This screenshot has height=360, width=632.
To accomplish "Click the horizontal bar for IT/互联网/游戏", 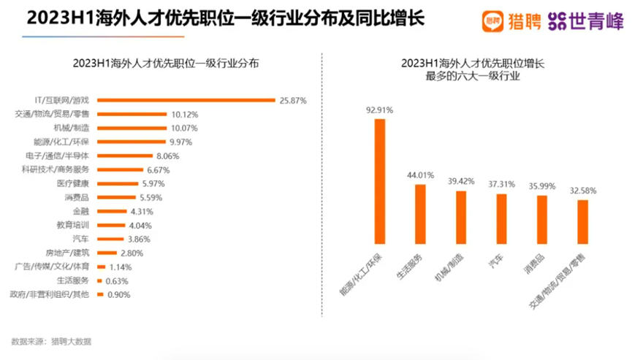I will (x=186, y=100).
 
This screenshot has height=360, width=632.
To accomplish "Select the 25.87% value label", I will (x=292, y=100).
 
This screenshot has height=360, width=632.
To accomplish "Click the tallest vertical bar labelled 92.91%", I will (x=380, y=181).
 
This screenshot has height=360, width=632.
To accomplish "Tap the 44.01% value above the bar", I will (x=420, y=175).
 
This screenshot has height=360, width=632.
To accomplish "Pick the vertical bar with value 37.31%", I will (x=501, y=218).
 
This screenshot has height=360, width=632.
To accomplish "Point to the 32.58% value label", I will (x=582, y=191).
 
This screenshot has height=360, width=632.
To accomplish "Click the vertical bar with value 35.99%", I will (x=541, y=220).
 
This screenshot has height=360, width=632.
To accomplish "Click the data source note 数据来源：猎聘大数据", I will (x=52, y=341).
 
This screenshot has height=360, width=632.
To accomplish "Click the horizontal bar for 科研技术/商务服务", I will (x=121, y=169).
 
